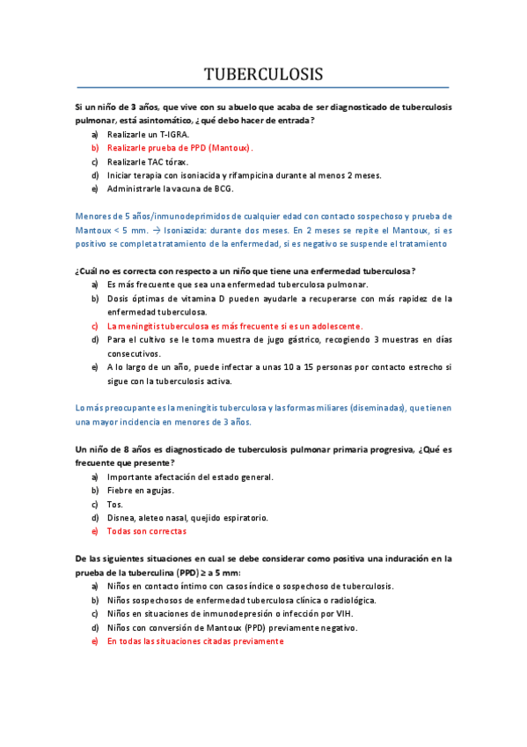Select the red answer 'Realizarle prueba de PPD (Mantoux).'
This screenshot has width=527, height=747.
[179, 148]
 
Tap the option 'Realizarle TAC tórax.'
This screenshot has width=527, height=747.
[147, 162]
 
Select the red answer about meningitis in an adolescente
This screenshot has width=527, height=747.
[234, 325]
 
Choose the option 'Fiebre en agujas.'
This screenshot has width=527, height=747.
[141, 490]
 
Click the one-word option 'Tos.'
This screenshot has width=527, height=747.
[114, 504]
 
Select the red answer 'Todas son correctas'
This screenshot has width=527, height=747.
[146, 531]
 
